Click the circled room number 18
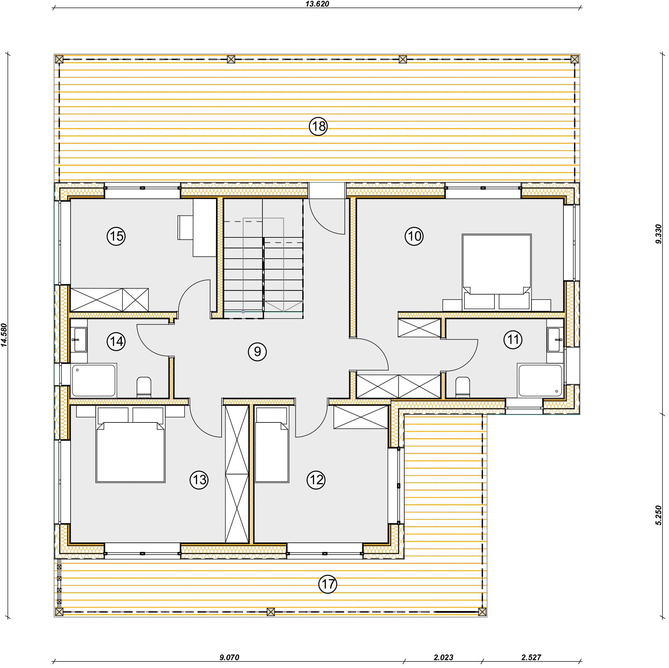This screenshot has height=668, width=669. (318, 127)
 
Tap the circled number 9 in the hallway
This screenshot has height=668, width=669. (257, 352)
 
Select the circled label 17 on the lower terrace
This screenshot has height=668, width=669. (327, 584)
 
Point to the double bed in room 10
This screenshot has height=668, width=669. (496, 272)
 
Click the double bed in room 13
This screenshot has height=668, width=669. (130, 445)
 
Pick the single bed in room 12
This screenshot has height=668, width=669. (272, 445)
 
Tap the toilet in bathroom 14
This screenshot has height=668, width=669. (144, 387)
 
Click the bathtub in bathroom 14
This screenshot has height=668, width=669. (94, 380)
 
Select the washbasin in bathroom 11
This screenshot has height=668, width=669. (555, 340)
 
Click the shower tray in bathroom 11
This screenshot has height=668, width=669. (540, 380)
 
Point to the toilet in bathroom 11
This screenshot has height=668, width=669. (463, 387)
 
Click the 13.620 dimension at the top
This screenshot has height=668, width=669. (317, 4)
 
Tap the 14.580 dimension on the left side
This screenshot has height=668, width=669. (4, 335)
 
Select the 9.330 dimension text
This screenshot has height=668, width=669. (658, 234)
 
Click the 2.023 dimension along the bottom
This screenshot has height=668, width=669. (443, 657)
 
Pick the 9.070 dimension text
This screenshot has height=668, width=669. (229, 657)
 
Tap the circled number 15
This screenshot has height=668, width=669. (116, 236)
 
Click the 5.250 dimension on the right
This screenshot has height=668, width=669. (658, 515)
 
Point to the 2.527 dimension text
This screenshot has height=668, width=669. (531, 657)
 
